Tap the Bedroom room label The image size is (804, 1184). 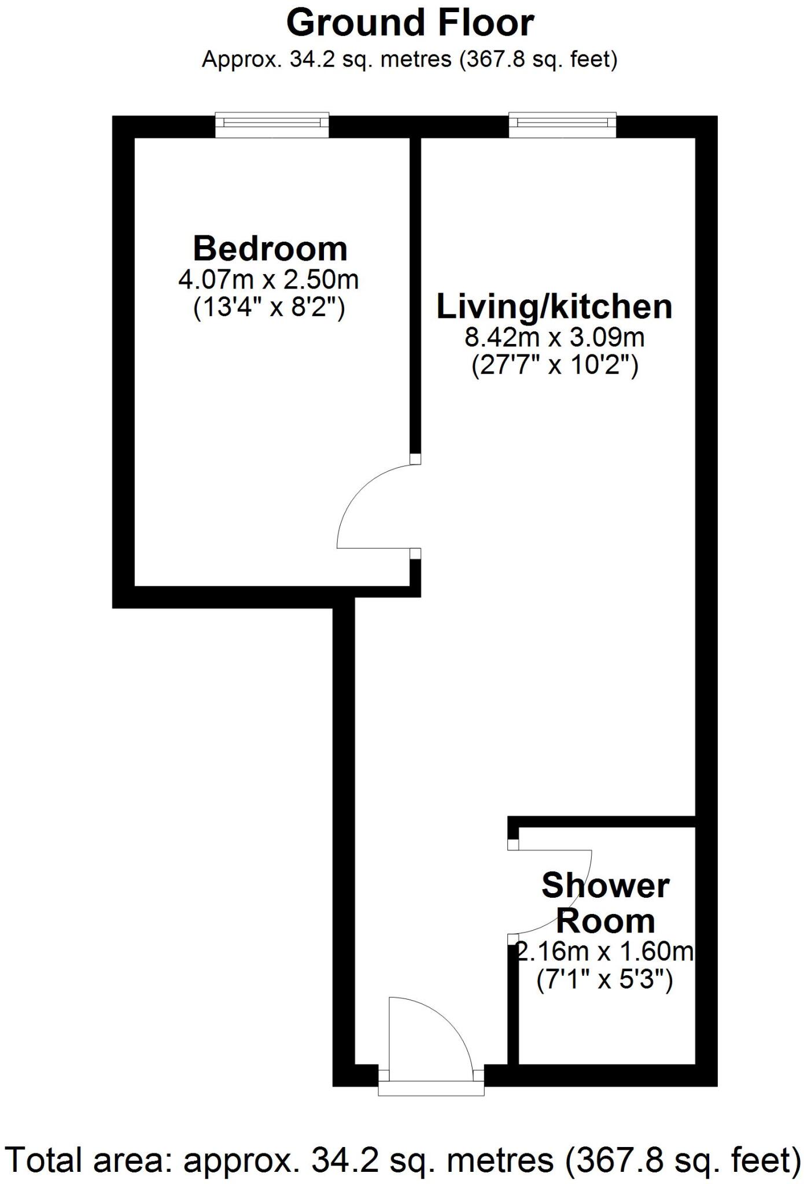270,249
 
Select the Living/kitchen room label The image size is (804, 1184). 554,306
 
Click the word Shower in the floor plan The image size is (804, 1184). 605,886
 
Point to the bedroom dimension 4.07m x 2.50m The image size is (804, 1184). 268,280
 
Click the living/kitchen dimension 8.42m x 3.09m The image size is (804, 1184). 554,337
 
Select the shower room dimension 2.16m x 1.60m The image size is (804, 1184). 605,952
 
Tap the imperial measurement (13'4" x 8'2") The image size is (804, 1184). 268,308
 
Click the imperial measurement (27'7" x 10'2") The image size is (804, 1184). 555,366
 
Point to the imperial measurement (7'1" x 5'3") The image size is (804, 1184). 604,980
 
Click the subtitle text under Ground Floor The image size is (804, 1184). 410,59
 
